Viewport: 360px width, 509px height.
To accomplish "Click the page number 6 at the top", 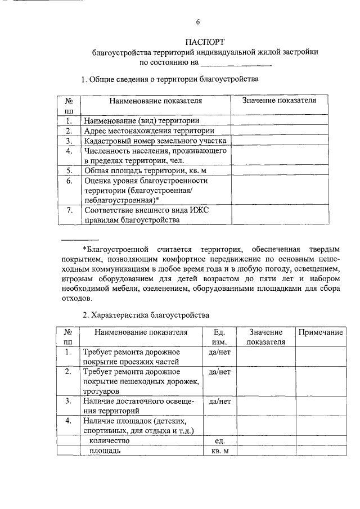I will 197,22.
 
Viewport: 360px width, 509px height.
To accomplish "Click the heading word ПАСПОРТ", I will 205,42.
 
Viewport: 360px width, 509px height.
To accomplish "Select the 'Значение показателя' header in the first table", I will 278,100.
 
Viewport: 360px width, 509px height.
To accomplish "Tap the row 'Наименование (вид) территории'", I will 141,120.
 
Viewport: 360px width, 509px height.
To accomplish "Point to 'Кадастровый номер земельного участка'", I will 155,141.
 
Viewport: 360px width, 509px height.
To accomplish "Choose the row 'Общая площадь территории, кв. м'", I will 143,170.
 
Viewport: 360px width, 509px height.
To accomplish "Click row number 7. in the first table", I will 69,210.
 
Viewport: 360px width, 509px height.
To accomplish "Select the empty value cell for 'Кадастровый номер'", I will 279,141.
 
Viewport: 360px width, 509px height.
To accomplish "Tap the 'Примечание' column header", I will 321,332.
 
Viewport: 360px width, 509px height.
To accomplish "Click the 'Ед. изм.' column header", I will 219,337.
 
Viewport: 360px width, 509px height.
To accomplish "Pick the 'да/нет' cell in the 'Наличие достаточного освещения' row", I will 219,402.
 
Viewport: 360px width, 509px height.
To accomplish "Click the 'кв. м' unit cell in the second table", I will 219,451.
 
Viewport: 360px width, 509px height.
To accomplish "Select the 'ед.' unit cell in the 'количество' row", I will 219,441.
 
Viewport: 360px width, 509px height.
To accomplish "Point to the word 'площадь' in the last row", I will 104,451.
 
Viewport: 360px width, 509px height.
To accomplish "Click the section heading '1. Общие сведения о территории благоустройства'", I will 170,79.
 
